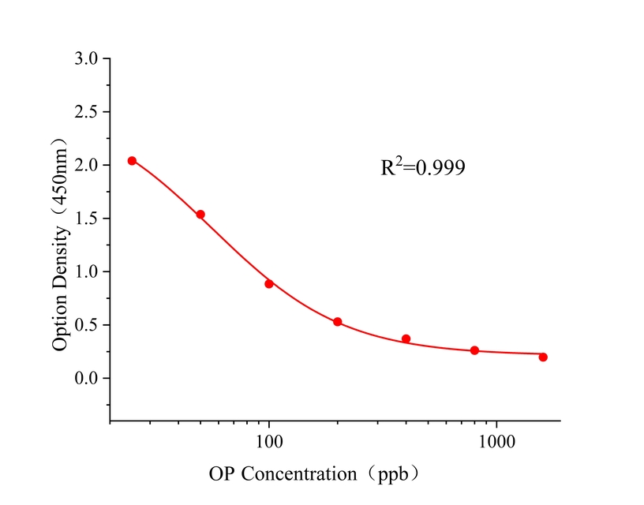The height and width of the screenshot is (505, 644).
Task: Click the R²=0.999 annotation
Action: pos(422,167)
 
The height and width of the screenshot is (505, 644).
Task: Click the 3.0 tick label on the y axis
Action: pos(87,58)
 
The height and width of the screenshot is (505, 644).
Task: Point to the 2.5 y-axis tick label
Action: pos(87,112)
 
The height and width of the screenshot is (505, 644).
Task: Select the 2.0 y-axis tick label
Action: pos(87,165)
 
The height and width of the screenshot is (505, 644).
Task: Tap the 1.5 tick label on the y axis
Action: pos(87,219)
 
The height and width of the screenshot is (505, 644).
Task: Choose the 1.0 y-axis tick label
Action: pos(87,271)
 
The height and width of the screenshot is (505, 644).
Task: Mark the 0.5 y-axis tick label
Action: pos(87,325)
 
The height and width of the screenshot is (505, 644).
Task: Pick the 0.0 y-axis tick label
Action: pos(87,379)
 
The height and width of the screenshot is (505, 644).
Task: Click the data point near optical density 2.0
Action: pos(132,161)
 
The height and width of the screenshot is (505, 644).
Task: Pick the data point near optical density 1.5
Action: pos(200,215)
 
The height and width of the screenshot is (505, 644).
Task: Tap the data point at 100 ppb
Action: pos(269,284)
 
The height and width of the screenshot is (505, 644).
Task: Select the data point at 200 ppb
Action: pos(337,322)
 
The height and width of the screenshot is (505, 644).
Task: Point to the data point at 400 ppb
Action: pos(406,339)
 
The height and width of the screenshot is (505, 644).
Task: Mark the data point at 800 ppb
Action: pos(474,350)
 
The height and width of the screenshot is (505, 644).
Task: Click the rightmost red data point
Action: pos(543,357)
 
